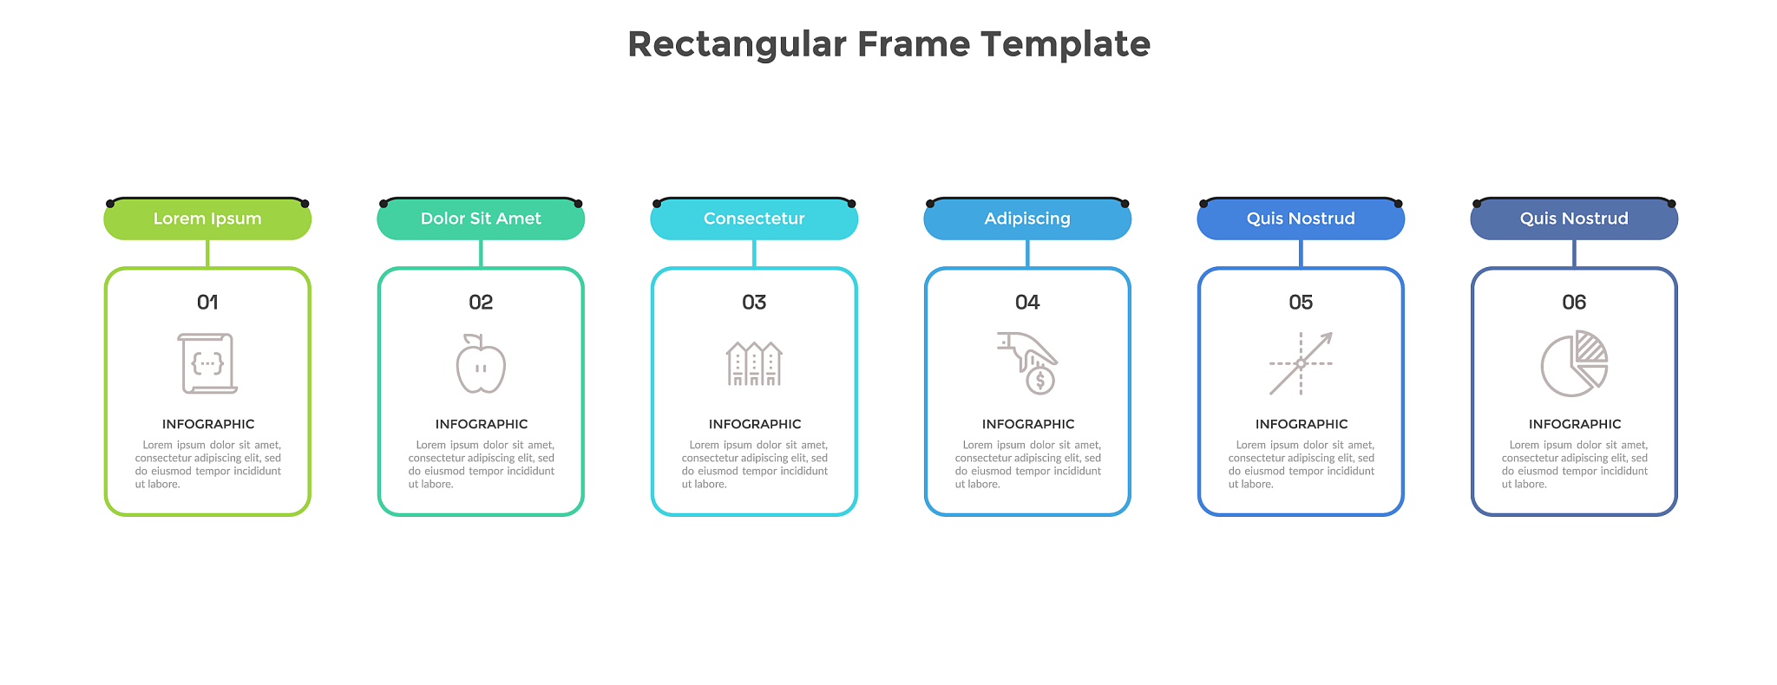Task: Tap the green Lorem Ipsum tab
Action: [x=207, y=219]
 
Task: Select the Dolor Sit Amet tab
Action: [x=481, y=219]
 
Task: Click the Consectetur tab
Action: [x=754, y=219]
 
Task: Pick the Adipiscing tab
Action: [x=1027, y=219]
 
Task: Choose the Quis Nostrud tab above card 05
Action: [x=1301, y=219]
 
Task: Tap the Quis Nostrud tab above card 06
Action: [x=1574, y=219]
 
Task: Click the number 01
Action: [x=207, y=303]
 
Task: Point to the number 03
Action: [x=754, y=303]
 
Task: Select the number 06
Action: [x=1574, y=303]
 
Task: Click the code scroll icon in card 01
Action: [x=207, y=363]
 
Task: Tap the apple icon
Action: [x=481, y=365]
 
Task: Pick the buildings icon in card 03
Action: [x=754, y=364]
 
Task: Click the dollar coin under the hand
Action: [x=1039, y=380]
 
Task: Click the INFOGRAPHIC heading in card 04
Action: [x=1028, y=424]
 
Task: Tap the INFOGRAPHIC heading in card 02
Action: [x=482, y=424]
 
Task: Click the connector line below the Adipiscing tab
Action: [x=1027, y=253]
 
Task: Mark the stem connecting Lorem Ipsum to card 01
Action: [x=207, y=253]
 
